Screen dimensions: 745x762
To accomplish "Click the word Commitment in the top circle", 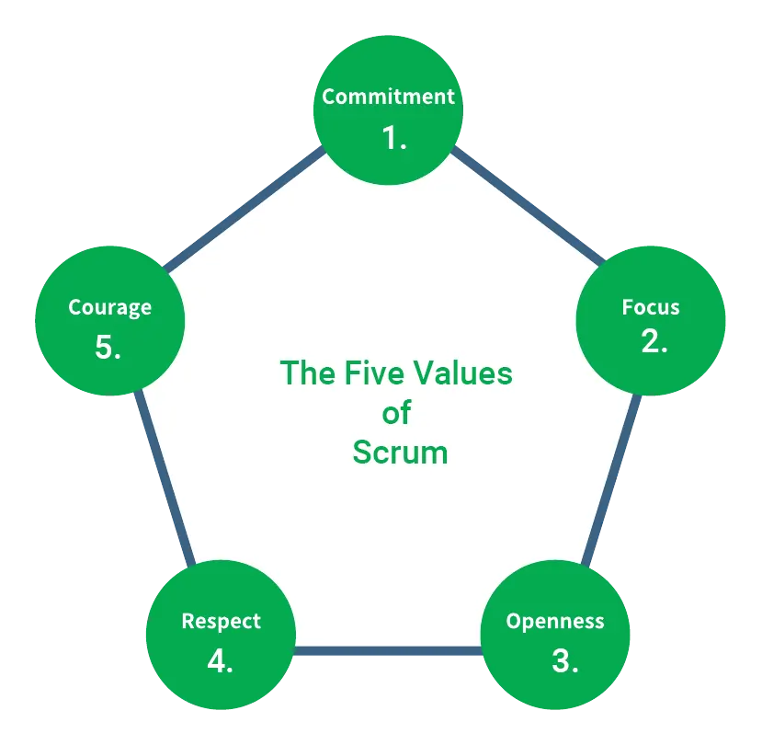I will [388, 97].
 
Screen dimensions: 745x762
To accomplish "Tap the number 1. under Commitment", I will [394, 138].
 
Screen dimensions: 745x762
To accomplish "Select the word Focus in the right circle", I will [651, 307].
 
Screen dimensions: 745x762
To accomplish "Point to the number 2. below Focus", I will [654, 342].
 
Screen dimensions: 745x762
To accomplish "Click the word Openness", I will [555, 621].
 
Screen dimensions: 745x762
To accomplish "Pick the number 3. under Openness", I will [564, 660].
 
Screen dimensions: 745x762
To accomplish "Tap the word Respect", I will [221, 622].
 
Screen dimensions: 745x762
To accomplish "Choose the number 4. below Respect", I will [220, 660].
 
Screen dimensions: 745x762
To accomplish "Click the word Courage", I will [110, 307].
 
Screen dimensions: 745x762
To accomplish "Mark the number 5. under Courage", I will [108, 348].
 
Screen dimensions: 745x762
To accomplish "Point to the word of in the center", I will [396, 413].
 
